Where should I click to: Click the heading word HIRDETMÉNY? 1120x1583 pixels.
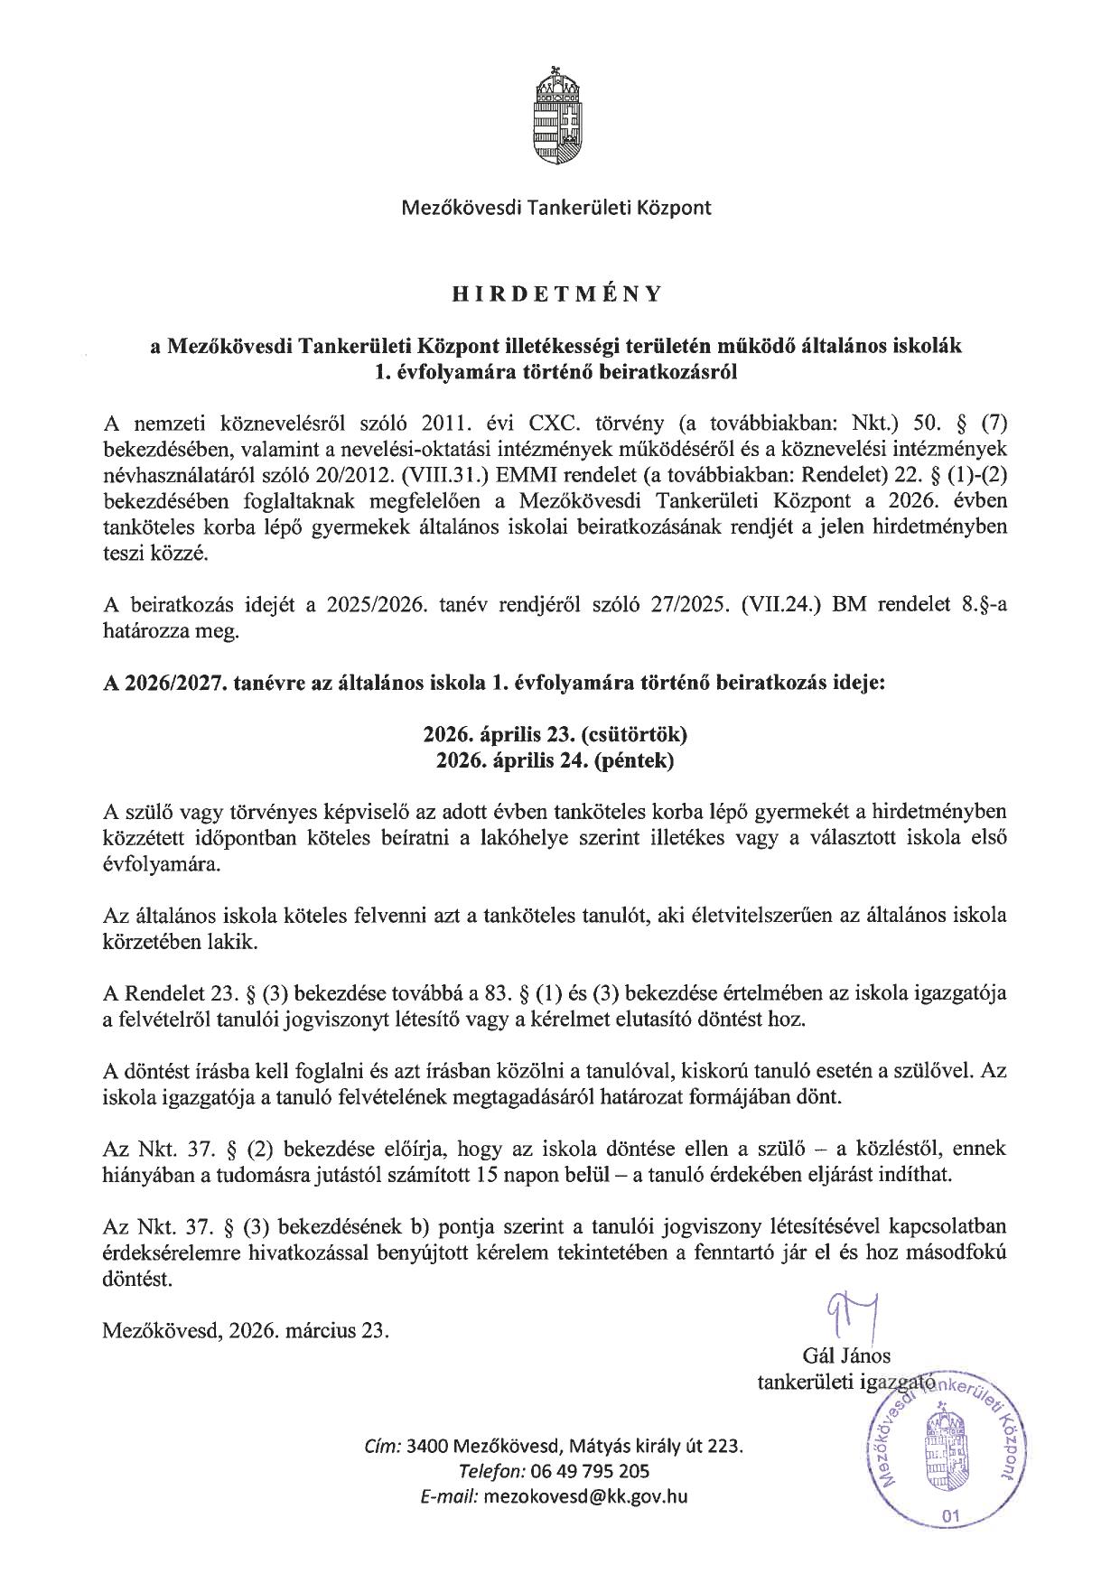coord(557,293)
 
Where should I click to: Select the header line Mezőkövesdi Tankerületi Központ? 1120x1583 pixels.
coord(556,208)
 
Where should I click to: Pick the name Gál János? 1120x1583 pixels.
coord(845,1355)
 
